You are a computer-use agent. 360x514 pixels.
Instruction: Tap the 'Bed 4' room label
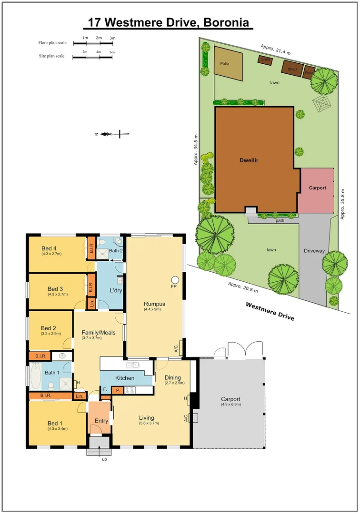click(x=49, y=248)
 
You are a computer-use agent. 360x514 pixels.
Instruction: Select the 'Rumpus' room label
click(x=154, y=304)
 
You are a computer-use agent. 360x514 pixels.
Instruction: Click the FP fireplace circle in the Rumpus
click(x=175, y=279)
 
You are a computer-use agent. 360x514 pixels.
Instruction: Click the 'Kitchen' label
click(x=124, y=378)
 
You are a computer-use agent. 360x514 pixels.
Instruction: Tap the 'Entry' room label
click(x=101, y=421)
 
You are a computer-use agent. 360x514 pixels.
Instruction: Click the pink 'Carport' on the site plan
click(x=317, y=188)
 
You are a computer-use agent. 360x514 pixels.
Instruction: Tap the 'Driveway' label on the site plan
click(x=314, y=250)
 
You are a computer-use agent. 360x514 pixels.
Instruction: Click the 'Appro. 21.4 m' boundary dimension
click(x=275, y=50)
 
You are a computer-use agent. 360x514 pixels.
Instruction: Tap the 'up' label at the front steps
click(x=104, y=459)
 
